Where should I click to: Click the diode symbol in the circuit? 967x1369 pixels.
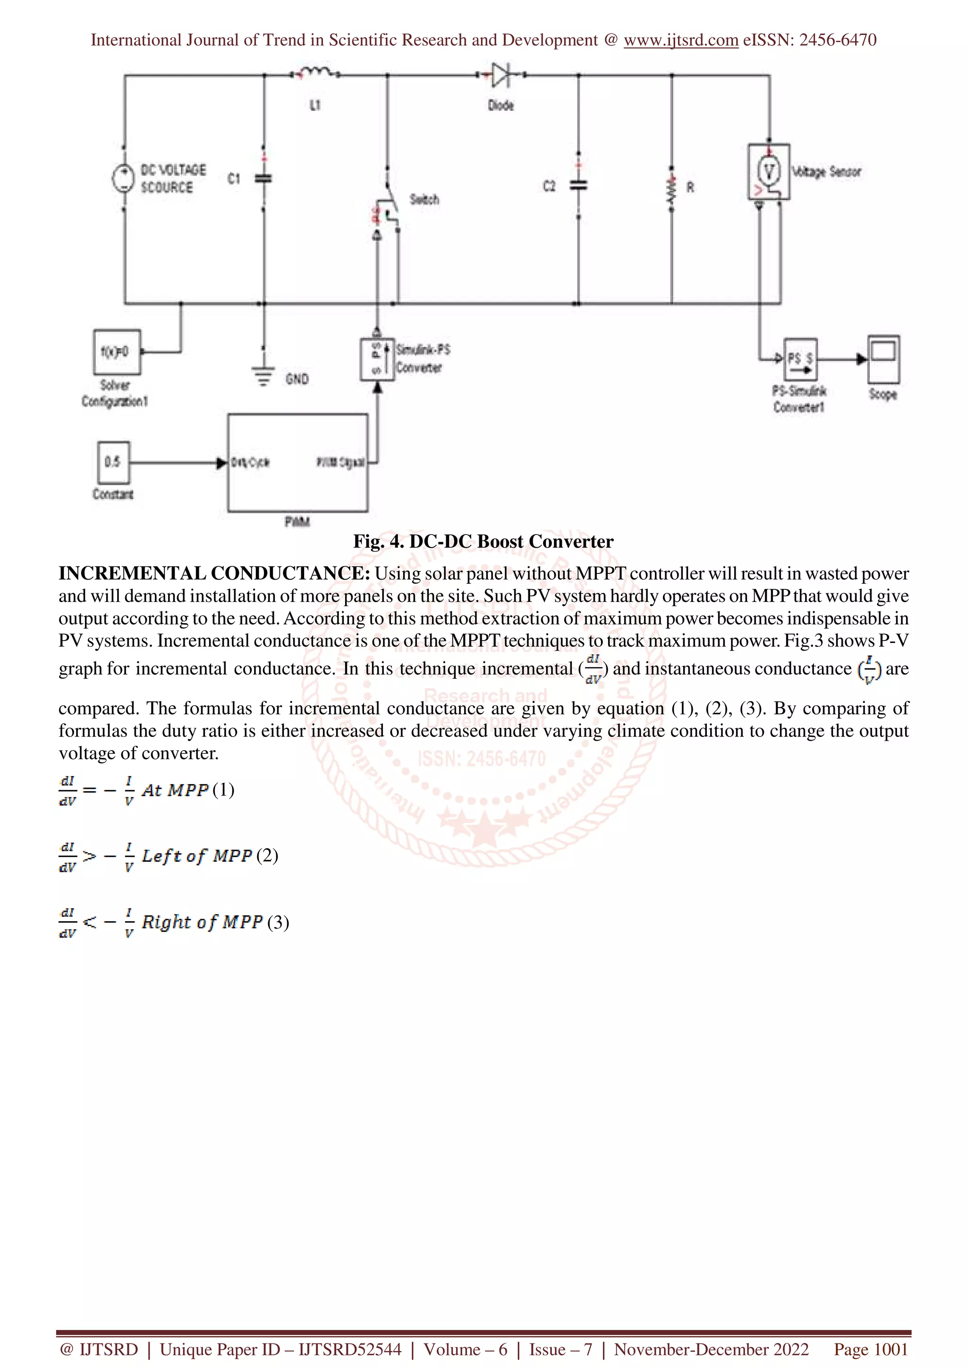tap(501, 75)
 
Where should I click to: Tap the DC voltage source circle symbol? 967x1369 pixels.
tap(123, 178)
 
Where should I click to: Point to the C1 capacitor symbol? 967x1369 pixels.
tap(263, 178)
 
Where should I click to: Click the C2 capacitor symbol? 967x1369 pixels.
tap(578, 186)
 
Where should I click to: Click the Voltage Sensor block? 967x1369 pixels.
tap(769, 172)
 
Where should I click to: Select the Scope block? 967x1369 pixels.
tap(883, 359)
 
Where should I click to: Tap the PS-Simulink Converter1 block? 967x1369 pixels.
tap(799, 359)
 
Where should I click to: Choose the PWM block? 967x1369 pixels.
tap(297, 462)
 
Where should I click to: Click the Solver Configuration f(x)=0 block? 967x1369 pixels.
tap(117, 352)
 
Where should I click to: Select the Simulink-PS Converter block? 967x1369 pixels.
tap(376, 359)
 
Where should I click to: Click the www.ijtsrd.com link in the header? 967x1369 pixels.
tap(680, 40)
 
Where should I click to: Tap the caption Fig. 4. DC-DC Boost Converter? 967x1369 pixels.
tap(483, 541)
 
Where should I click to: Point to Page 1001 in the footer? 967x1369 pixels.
tap(871, 1349)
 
